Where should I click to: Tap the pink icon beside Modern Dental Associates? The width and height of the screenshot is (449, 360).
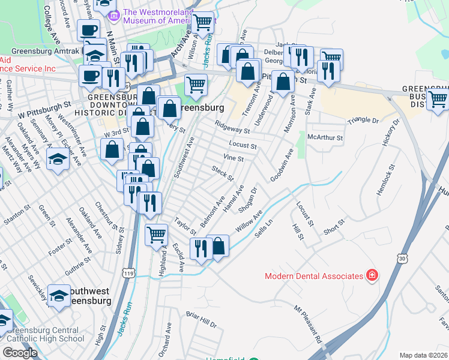coord(373,276)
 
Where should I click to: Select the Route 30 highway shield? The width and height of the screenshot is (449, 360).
coord(401,257)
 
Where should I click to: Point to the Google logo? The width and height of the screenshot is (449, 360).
coord(20,353)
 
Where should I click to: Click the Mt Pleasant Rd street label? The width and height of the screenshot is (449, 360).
coord(308,325)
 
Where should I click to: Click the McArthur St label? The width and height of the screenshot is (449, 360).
coord(324,137)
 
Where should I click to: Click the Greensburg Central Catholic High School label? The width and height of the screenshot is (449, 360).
coord(42,334)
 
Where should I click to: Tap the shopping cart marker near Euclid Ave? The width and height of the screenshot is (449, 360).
coord(156,233)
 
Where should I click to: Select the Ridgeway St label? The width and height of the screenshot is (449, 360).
coord(232,127)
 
